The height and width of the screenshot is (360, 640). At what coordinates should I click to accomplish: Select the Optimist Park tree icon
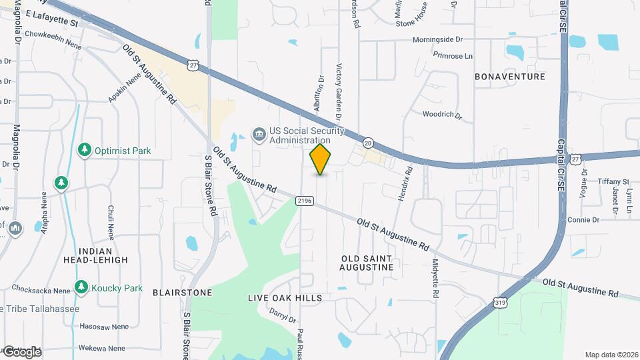(x=84, y=151)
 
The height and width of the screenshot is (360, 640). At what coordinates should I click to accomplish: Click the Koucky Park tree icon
(x=81, y=288)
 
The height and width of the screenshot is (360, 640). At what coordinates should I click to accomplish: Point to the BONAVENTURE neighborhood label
(x=510, y=77)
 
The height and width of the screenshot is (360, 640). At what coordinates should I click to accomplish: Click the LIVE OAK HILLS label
(x=285, y=297)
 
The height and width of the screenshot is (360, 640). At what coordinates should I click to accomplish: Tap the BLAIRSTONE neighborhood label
(x=182, y=292)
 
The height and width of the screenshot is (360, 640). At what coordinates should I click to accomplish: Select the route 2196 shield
(x=305, y=199)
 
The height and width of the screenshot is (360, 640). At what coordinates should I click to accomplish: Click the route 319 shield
(x=500, y=303)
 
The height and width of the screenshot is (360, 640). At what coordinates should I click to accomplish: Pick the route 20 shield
(x=368, y=143)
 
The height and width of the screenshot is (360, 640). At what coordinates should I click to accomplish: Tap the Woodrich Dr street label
(x=442, y=115)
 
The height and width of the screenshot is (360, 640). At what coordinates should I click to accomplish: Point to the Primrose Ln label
(x=453, y=56)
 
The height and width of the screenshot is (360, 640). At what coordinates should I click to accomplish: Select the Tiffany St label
(x=613, y=181)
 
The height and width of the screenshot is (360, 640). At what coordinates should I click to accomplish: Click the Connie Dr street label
(x=583, y=219)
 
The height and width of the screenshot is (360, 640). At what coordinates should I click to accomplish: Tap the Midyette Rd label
(x=435, y=278)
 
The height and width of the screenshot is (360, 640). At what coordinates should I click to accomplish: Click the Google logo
(x=21, y=351)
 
